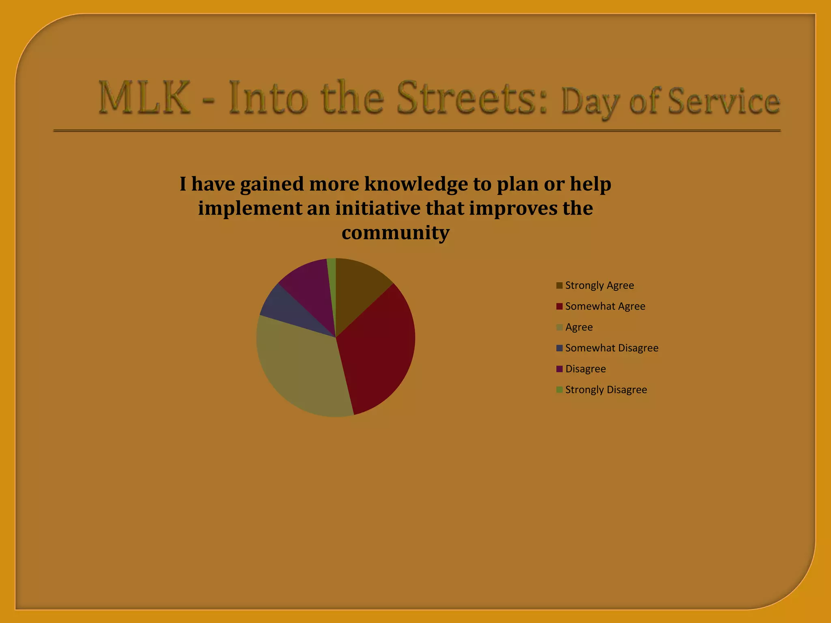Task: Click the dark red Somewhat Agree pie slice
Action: click(x=377, y=349)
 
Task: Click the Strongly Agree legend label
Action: click(x=599, y=286)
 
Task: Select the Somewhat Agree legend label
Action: click(x=605, y=306)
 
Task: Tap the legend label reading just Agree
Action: click(x=579, y=327)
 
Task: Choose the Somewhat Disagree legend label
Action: click(x=611, y=348)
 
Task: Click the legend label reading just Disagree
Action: click(x=586, y=369)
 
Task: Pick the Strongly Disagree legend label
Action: click(x=606, y=390)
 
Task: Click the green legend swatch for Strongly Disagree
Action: click(x=559, y=390)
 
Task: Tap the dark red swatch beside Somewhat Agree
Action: click(x=559, y=306)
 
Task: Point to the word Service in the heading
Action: click(x=723, y=101)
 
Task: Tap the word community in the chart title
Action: click(x=395, y=233)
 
